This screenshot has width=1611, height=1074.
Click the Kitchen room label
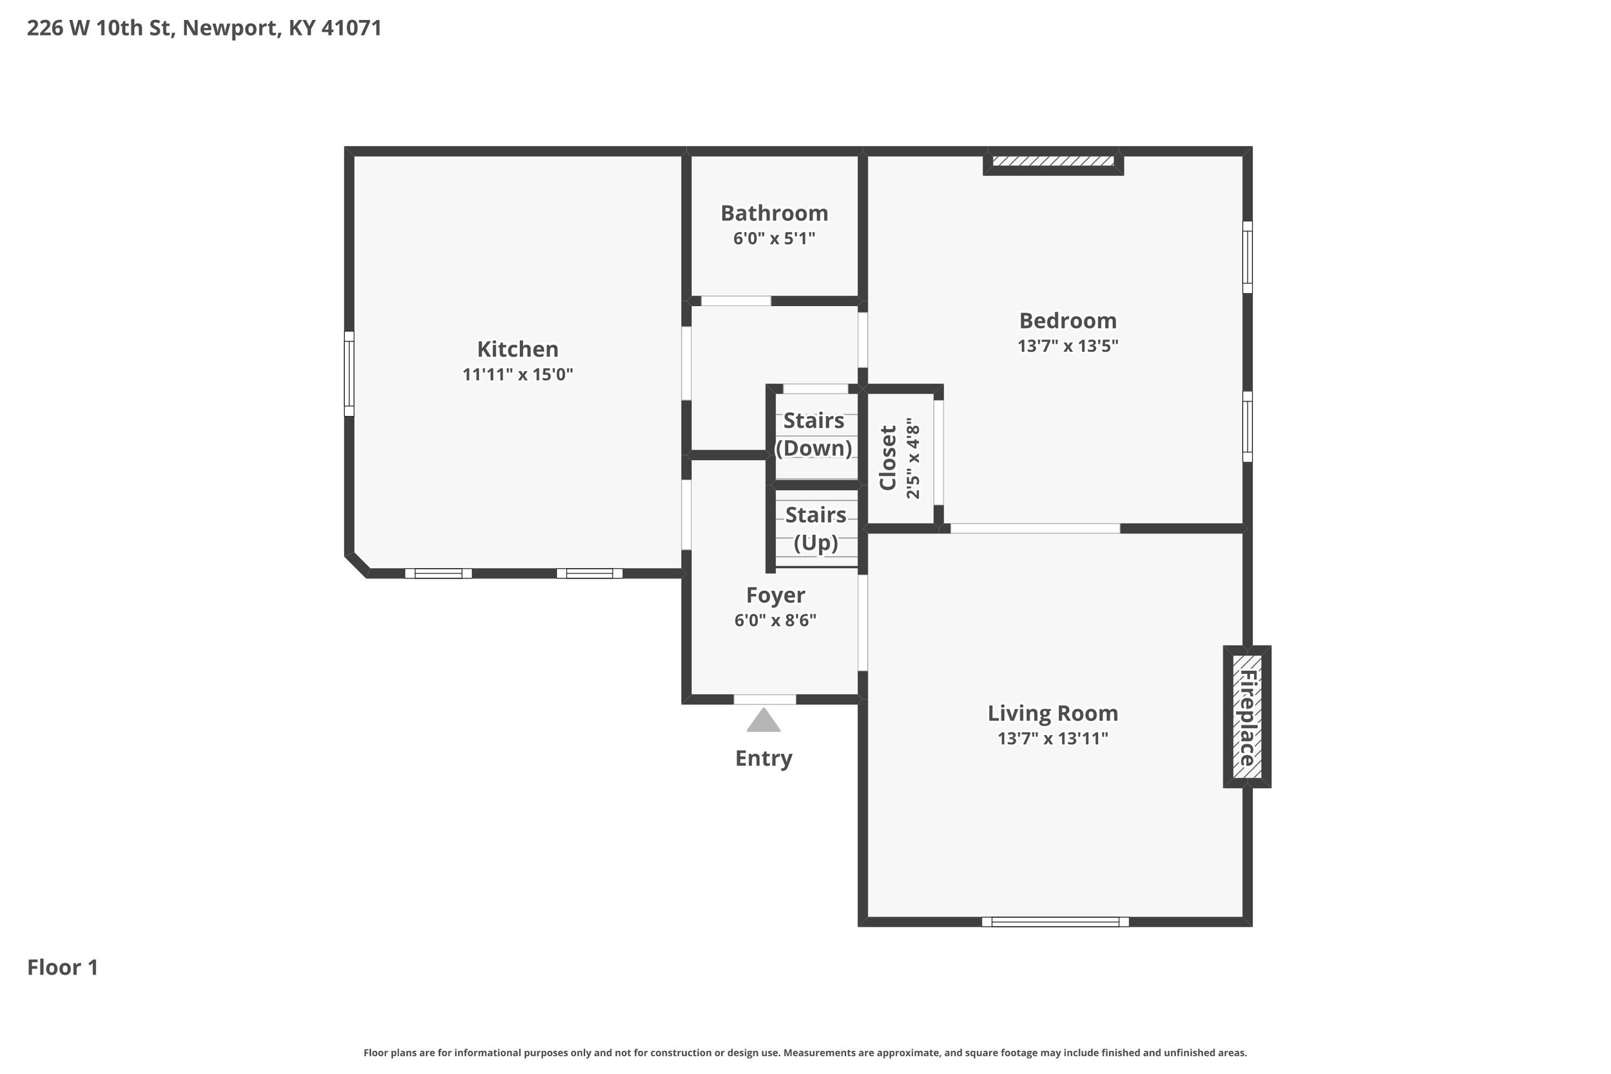coord(517,349)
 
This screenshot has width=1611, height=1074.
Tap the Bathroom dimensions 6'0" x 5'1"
coord(774,238)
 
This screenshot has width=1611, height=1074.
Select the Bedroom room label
coord(1068,321)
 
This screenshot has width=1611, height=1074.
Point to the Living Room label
coord(1053,713)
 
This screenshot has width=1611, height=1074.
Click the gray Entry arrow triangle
coord(764,720)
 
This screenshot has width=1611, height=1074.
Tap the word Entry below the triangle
coord(764,758)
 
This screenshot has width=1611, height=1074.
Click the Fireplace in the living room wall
coord(1248,716)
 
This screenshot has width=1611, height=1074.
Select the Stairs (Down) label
coord(814,434)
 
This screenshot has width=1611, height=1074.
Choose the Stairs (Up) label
coord(816,529)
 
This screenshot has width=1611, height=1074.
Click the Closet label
coord(888,457)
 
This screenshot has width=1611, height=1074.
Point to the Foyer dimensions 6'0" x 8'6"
coord(775,620)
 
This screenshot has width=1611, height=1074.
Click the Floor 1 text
coord(63,967)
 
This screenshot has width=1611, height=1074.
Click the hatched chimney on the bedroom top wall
coord(1054,162)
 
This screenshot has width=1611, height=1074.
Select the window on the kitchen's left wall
coord(349,374)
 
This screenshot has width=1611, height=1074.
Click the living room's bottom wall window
coord(1056,922)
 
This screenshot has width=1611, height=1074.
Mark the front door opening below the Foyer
coord(765,699)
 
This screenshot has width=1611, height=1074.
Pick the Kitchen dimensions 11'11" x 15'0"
coord(517,375)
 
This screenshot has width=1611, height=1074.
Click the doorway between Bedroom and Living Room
coord(1035,528)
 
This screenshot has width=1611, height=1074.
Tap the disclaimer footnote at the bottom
coord(805,1053)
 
